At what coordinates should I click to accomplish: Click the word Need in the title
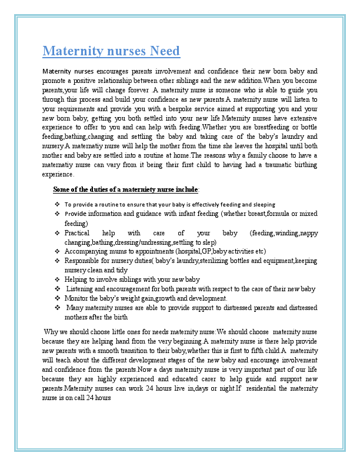[x=165, y=51]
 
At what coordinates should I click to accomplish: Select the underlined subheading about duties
[x=126, y=189]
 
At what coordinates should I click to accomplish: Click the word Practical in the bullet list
[x=77, y=233]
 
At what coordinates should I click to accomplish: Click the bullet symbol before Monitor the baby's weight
[x=57, y=298]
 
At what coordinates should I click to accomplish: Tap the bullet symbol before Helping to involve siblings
[x=57, y=279]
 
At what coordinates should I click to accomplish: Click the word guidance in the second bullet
[x=135, y=214]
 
